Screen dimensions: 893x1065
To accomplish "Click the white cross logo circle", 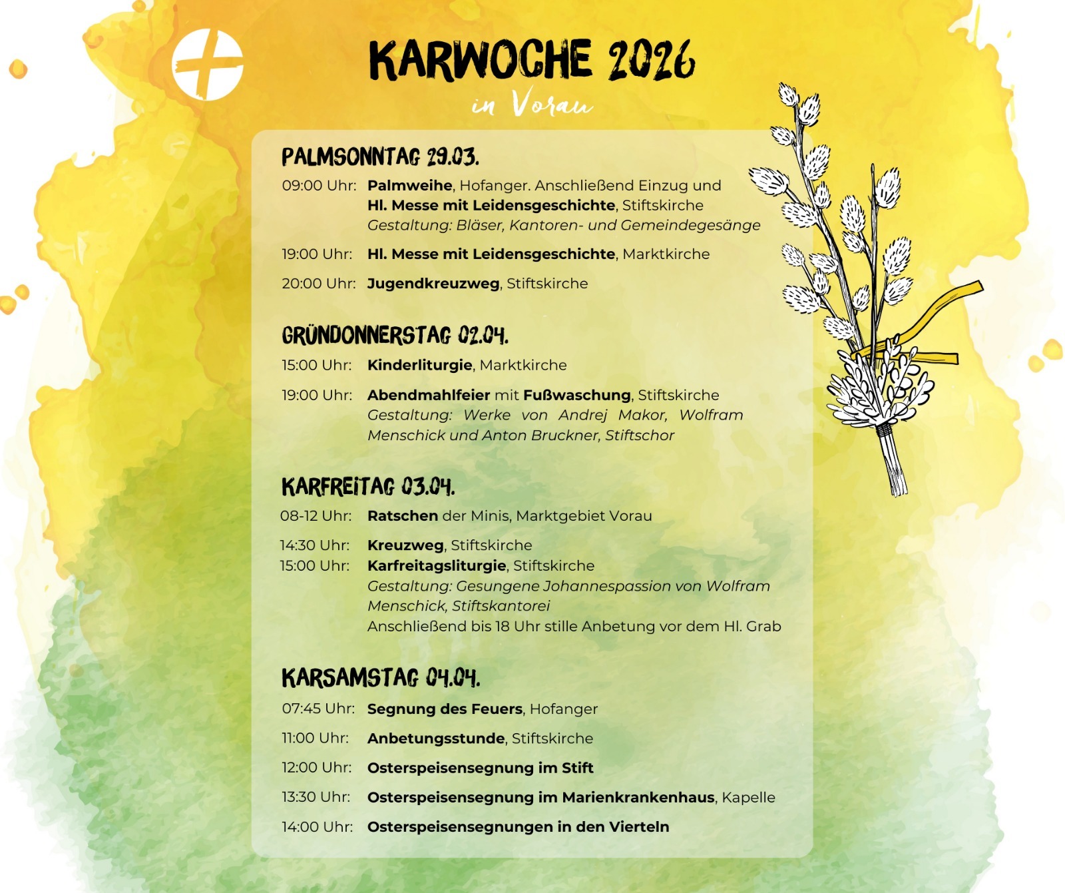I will [x=208, y=65].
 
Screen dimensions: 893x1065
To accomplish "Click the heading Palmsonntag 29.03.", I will [x=380, y=156].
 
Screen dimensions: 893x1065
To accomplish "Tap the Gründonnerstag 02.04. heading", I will [x=395, y=336].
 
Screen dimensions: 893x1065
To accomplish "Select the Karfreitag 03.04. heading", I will [x=368, y=487].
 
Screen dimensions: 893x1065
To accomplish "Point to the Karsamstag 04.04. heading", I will [x=381, y=678].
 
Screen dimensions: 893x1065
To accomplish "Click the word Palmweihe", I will [x=409, y=185].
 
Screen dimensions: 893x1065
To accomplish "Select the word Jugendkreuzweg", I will [x=433, y=284].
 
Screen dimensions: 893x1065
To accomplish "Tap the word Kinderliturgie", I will [x=419, y=365].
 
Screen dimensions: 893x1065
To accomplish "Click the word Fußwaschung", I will [x=576, y=395].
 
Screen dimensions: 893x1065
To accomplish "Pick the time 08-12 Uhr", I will [x=316, y=515].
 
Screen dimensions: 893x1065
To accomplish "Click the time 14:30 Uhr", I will [x=315, y=545].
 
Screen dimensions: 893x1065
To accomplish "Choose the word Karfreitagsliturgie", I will [x=437, y=566].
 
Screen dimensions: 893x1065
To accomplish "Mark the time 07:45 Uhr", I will [x=318, y=709].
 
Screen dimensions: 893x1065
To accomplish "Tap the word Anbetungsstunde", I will [x=436, y=739].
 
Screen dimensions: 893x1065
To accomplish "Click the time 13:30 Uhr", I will [x=316, y=797].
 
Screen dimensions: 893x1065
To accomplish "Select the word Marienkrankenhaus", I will [x=638, y=798].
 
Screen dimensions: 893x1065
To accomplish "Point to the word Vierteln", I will [x=638, y=827].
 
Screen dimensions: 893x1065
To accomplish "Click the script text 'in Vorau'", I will [x=532, y=105].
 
